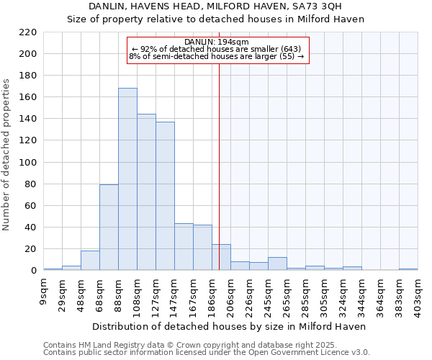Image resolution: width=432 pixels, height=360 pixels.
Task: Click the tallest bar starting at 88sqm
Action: [x=127, y=179]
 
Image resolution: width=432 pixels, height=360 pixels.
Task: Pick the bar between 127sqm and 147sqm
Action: [x=165, y=196]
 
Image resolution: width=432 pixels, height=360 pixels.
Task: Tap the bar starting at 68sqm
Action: [x=109, y=228]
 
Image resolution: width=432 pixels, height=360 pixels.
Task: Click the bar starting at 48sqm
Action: [x=90, y=261]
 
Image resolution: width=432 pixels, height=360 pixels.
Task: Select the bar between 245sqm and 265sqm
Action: [x=277, y=264]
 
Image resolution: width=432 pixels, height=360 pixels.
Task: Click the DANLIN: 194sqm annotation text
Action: [x=217, y=42]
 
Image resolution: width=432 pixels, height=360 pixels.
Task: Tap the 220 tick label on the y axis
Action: [x=28, y=32]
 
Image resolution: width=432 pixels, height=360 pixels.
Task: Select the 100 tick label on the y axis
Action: [x=28, y=163]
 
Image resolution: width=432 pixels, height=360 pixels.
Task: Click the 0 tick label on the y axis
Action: [x=34, y=271]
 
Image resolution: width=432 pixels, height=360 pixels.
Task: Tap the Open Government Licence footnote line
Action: [x=206, y=353]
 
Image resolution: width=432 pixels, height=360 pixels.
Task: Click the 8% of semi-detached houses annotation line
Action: [x=217, y=56]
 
